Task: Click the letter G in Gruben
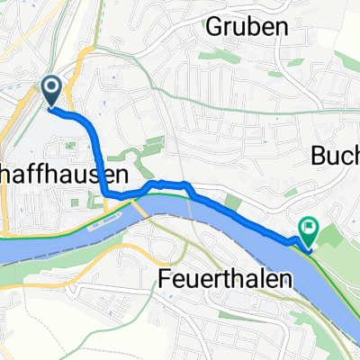(x=212, y=27)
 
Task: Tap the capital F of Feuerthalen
(x=165, y=276)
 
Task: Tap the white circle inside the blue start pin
(x=50, y=87)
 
